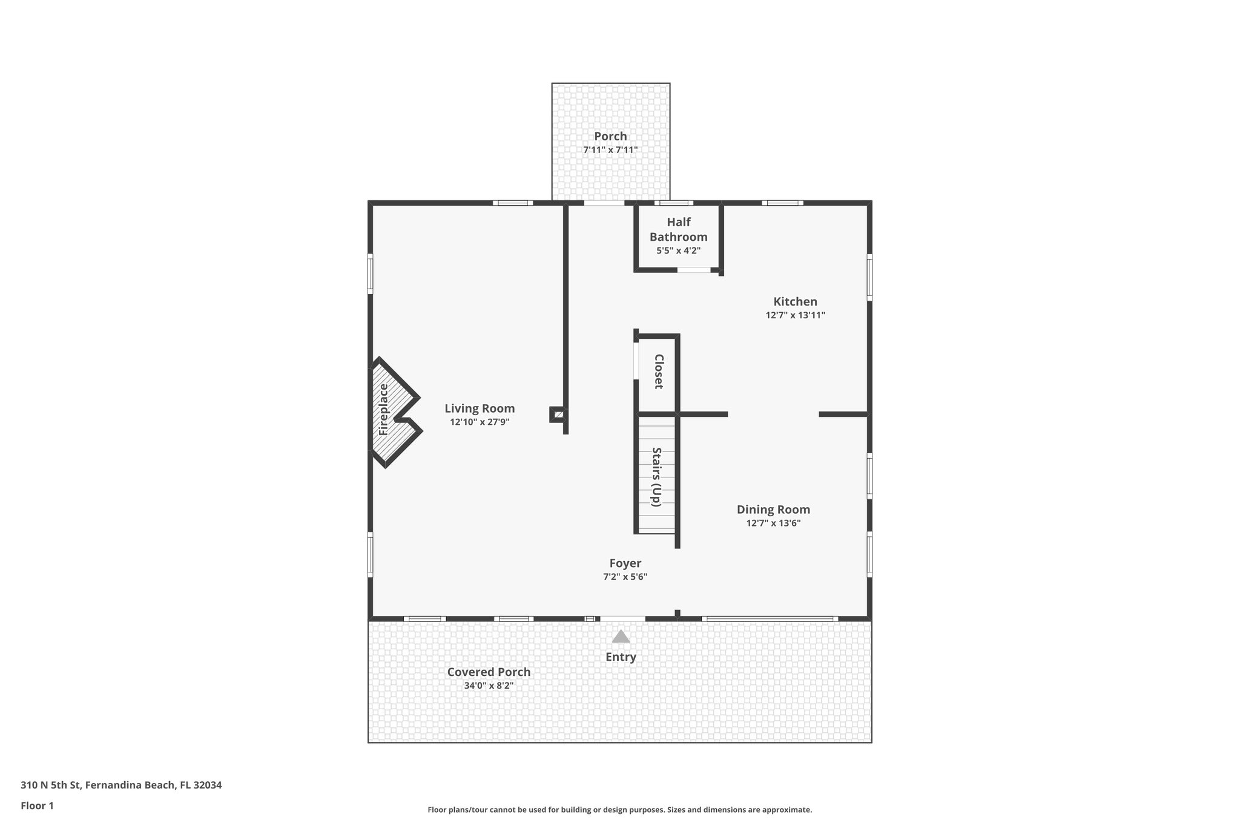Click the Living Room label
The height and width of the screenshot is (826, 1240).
480,408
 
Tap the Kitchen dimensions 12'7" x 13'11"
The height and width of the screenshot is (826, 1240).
795,315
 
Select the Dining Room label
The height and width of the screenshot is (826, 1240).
773,510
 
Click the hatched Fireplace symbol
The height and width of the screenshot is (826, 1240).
391,411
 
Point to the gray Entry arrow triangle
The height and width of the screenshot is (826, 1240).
621,637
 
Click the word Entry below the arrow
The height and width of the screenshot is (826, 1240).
621,657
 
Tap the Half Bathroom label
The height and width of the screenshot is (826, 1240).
678,229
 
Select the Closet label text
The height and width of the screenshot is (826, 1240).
659,372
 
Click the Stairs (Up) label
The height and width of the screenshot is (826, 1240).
656,477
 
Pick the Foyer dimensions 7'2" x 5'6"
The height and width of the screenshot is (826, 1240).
625,577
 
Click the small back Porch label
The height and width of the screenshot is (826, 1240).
610,136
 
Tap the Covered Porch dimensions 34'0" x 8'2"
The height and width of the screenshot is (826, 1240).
489,686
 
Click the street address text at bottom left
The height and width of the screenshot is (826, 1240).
121,785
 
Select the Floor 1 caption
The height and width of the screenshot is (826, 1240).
37,805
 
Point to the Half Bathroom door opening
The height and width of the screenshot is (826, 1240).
694,270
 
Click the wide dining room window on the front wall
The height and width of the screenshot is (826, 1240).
770,618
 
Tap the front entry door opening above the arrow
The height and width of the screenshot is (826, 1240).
622,618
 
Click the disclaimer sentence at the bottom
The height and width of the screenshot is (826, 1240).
619,810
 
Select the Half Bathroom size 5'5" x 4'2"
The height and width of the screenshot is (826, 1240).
678,250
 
